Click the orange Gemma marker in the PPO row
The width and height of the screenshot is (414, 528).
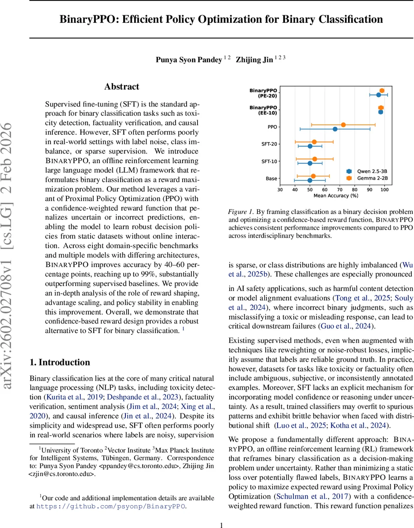[343, 125]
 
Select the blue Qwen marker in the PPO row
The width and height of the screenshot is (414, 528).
[335, 129]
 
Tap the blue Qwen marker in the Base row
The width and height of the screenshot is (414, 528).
[310, 180]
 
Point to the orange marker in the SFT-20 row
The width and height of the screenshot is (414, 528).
[314, 142]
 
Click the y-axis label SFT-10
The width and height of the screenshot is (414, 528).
[269, 161]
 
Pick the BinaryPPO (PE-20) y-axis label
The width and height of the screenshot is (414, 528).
[263, 92]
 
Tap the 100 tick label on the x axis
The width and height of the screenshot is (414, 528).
[385, 190]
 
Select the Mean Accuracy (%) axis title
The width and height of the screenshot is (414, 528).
[336, 195]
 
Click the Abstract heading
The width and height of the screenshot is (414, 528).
[121, 87]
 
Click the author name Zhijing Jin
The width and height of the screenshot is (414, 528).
[255, 60]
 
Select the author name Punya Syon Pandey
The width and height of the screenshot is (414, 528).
[188, 60]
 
